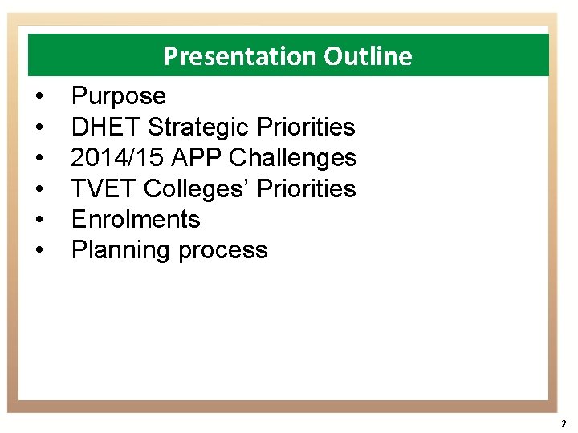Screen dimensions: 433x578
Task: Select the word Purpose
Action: click(119, 97)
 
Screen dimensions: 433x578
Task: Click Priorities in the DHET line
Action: click(306, 127)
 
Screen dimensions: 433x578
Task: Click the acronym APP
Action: click(199, 158)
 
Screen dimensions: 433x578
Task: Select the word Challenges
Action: click(293, 158)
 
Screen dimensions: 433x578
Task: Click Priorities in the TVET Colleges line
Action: click(306, 188)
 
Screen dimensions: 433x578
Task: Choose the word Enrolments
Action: click(136, 219)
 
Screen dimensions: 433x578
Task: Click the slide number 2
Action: click(564, 423)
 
